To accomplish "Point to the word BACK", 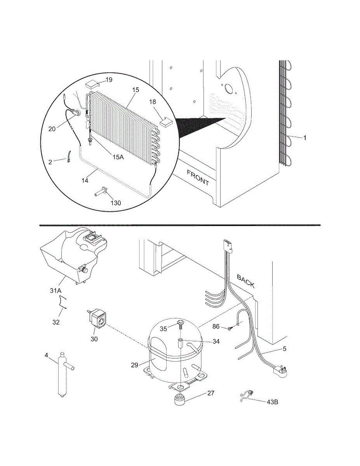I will coord(246,281).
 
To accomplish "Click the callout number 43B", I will coord(272,402).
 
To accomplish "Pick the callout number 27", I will coord(210,393).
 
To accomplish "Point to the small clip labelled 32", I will coord(63,302).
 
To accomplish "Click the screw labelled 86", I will coord(231,329).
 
